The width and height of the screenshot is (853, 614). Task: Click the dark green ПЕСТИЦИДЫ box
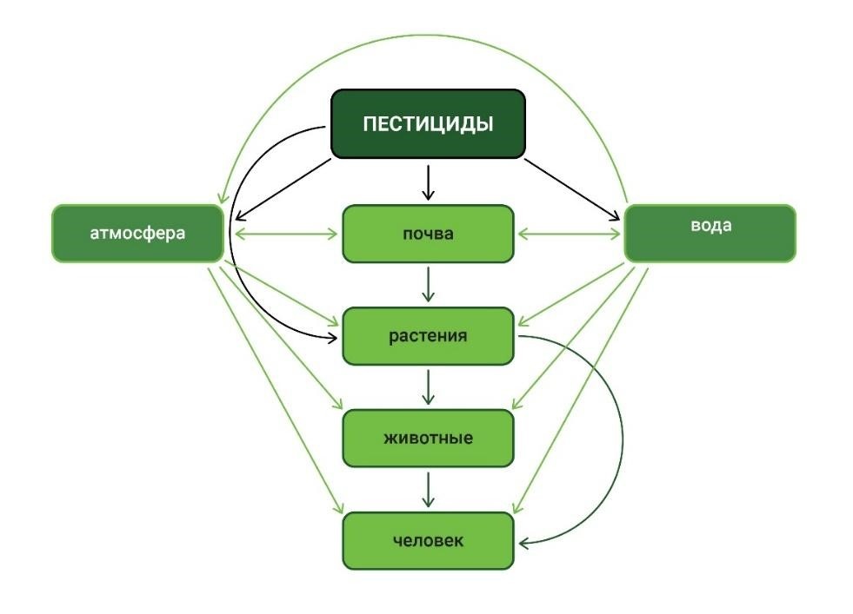tap(428, 124)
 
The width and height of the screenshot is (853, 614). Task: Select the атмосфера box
tap(138, 234)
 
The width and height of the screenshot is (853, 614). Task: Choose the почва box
tap(428, 234)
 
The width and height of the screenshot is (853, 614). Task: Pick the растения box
tap(428, 336)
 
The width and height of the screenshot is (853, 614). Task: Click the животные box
tap(428, 438)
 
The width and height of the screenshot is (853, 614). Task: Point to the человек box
tap(428, 540)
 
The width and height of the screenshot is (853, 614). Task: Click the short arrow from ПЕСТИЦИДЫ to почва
tap(428, 181)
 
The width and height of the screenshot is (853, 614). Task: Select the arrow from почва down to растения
tap(428, 284)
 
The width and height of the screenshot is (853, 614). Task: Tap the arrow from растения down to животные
tap(428, 386)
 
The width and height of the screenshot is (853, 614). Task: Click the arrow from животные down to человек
tap(428, 489)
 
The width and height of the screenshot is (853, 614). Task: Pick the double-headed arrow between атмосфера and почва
tap(284, 234)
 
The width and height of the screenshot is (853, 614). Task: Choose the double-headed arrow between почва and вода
tap(570, 234)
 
